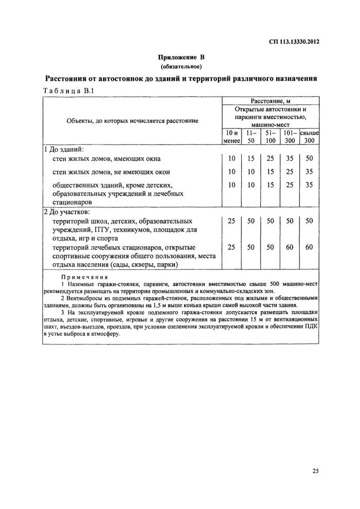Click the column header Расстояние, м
pyautogui.click(x=271, y=101)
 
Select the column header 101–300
pyautogui.click(x=290, y=136)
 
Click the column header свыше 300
pyautogui.click(x=309, y=136)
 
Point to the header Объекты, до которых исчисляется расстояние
pyautogui.click(x=132, y=120)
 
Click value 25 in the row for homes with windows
pyautogui.click(x=271, y=158)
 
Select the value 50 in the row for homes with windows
pyautogui.click(x=309, y=158)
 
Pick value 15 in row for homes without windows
pyautogui.click(x=271, y=172)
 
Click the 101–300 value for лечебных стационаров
pyautogui.click(x=290, y=247)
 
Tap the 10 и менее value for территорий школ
pyautogui.click(x=231, y=221)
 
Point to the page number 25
pyautogui.click(x=315, y=470)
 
